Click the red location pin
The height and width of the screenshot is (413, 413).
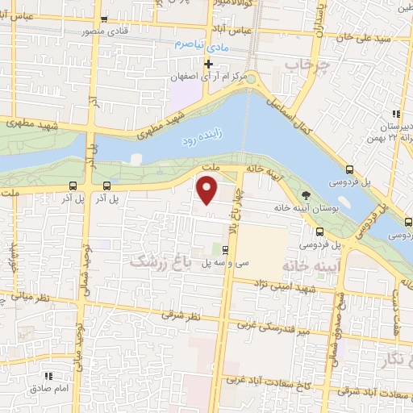click(x=207, y=190)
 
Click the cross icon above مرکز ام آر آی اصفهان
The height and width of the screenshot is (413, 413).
click(x=208, y=63)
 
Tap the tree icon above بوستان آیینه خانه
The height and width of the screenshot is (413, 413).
click(x=306, y=194)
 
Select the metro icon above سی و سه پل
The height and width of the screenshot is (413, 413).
click(x=214, y=249)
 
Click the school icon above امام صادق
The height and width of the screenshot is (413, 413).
click(x=48, y=375)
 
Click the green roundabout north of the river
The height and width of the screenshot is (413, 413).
click(x=252, y=78)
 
